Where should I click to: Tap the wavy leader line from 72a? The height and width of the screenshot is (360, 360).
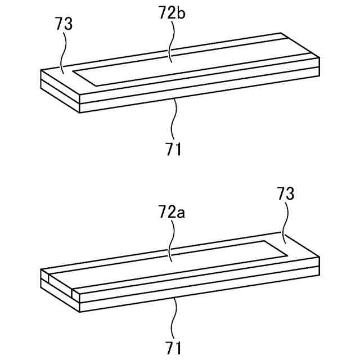171,242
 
